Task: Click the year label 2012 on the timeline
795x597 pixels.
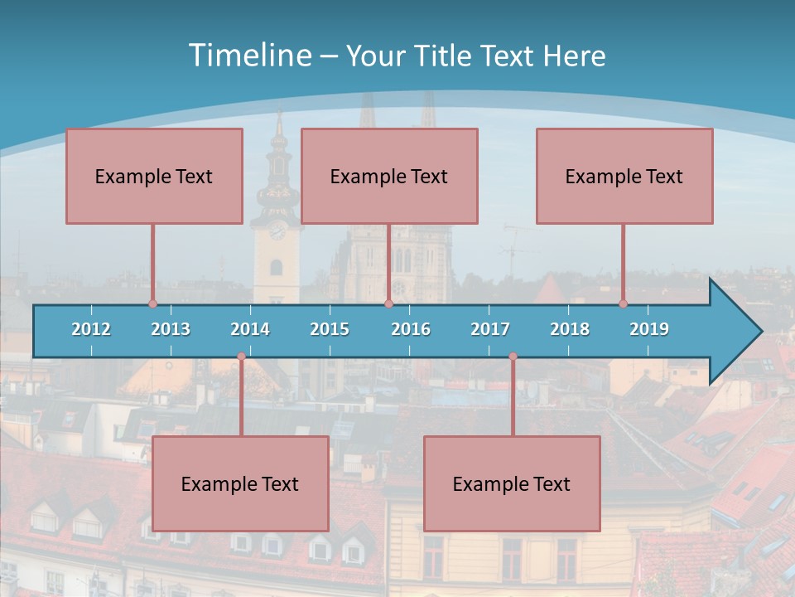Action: [91, 329]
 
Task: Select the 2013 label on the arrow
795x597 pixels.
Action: [171, 329]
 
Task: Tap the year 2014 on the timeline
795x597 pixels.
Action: [250, 329]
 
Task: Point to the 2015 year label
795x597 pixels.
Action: [330, 329]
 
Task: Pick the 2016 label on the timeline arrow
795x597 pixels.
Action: [411, 329]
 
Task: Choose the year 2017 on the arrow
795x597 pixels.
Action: [490, 329]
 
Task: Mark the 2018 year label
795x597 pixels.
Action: [570, 329]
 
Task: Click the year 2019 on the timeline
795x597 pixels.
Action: [649, 329]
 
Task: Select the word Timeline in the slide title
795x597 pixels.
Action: [249, 56]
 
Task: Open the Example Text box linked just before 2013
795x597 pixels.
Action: [154, 176]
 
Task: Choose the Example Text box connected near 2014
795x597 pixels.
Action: [240, 483]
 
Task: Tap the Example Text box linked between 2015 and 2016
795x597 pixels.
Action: [389, 176]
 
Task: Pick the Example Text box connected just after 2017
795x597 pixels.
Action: [512, 483]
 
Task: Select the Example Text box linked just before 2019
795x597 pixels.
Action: [624, 176]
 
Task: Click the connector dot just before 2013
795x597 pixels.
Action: [152, 303]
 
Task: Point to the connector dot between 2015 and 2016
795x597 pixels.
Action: [388, 303]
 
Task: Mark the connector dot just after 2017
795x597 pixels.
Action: [513, 357]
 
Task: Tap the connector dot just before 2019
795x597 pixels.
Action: [624, 303]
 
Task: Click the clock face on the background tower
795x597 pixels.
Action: [277, 231]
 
